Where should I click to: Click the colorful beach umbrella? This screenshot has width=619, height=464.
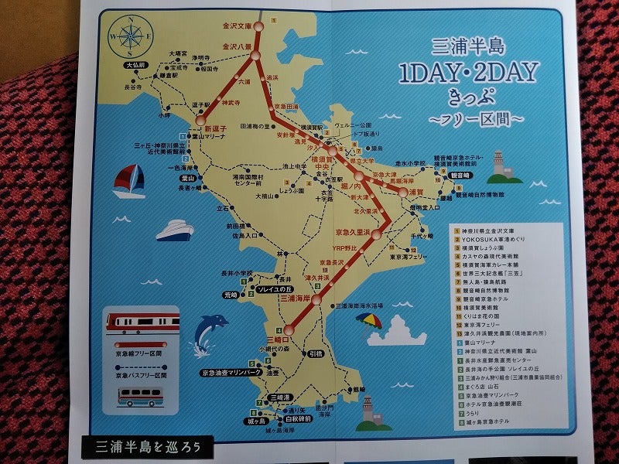click(x=374, y=319)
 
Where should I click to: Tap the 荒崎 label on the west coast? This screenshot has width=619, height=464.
click(x=231, y=295)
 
